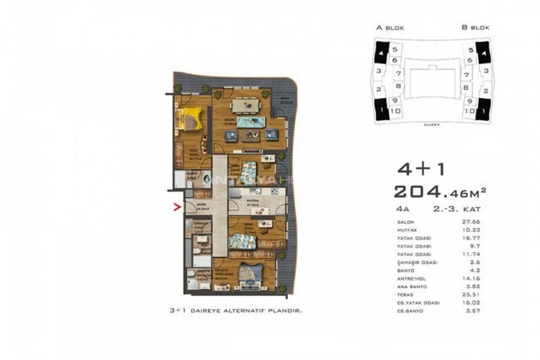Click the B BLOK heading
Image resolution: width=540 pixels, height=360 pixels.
point(475,28)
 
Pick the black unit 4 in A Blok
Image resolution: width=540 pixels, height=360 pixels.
point(379,53)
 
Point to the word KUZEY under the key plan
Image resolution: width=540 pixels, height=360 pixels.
point(431,124)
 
